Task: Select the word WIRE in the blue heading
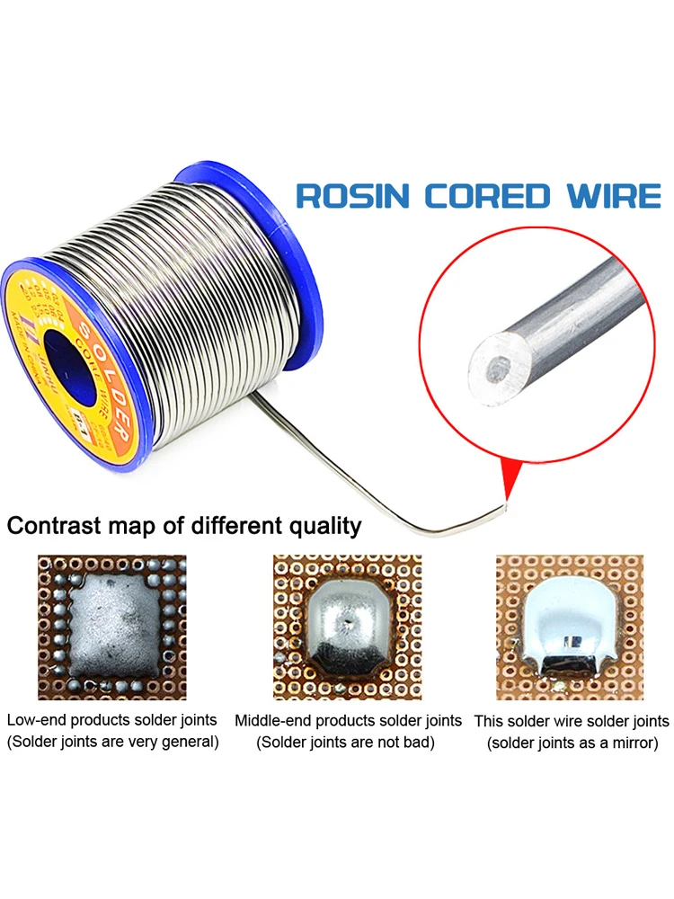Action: pos(610,196)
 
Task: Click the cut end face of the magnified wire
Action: pos(489,363)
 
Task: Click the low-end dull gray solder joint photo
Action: pos(111,627)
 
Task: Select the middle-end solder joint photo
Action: pos(347,627)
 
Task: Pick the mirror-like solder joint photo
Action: pos(570,627)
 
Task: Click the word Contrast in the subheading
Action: pos(54,525)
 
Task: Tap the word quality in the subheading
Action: pos(320,527)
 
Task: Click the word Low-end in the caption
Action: pos(37,720)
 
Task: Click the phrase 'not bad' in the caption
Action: pos(404,743)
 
